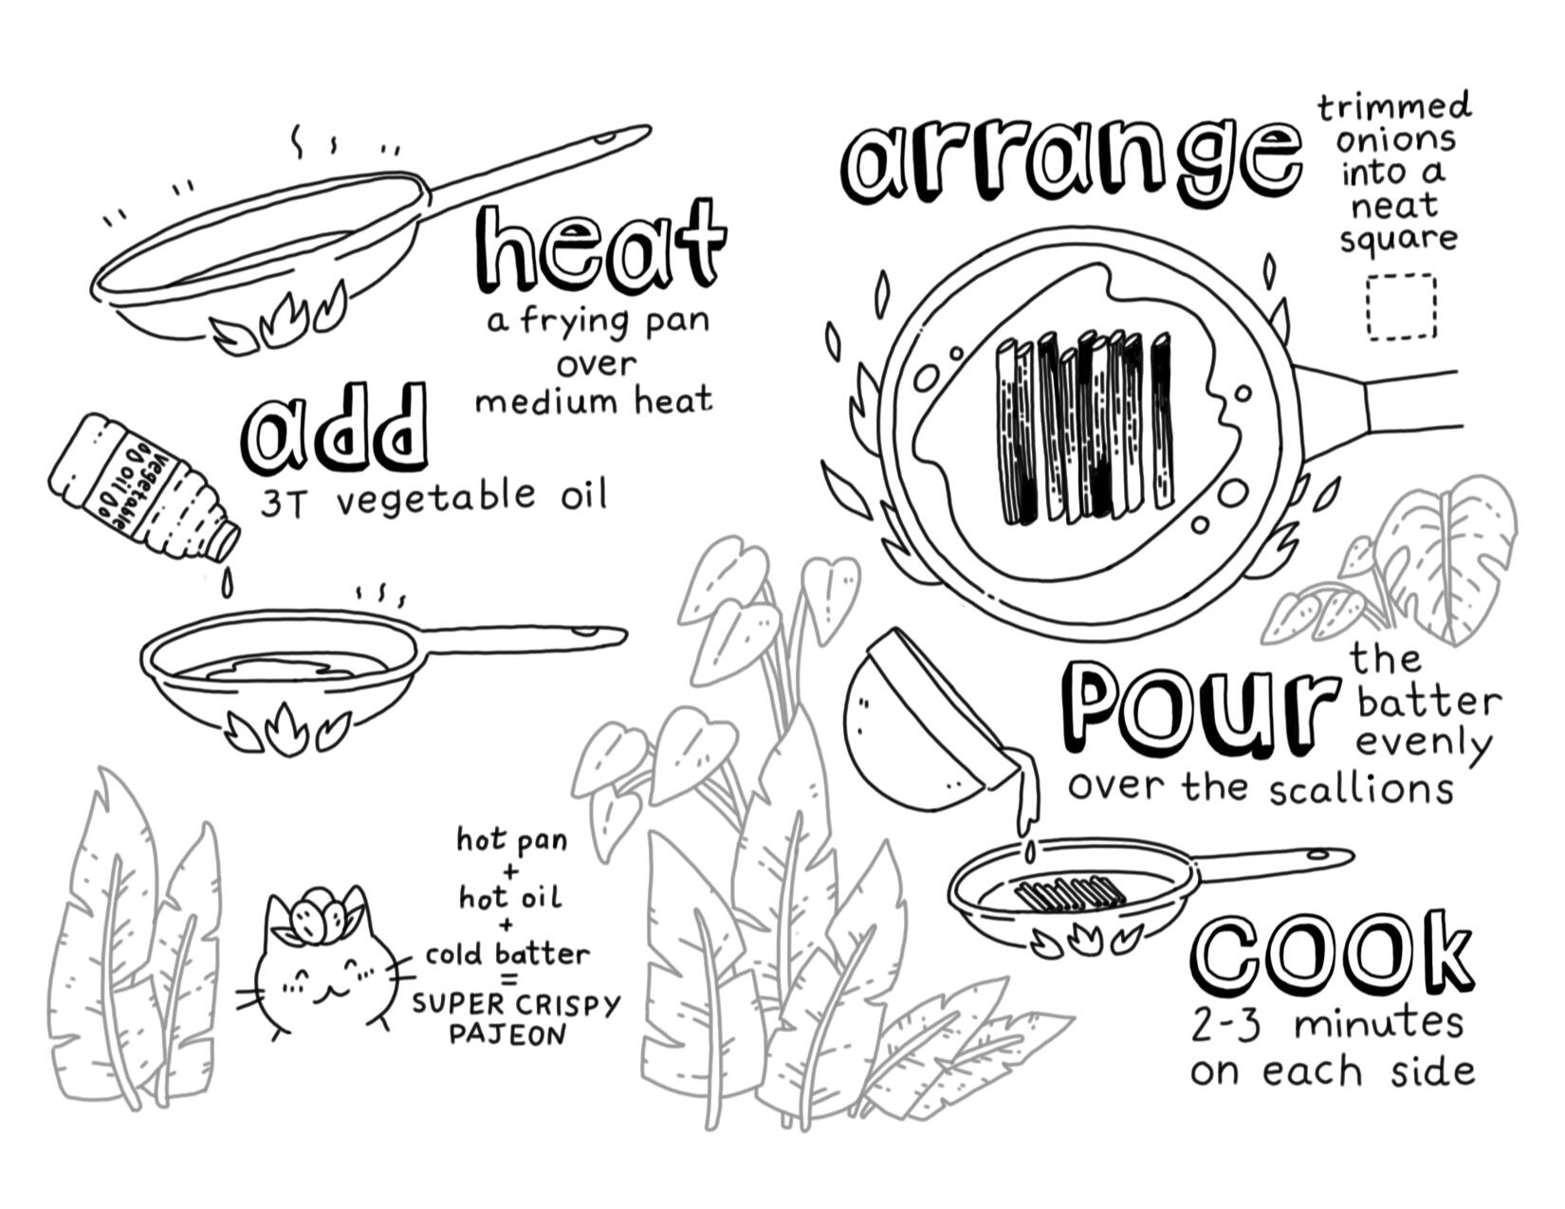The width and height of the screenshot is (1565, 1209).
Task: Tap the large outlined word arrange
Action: tap(1071, 162)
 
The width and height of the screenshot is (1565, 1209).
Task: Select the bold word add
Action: tap(334, 430)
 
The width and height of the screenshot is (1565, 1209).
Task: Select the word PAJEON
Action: tap(507, 1035)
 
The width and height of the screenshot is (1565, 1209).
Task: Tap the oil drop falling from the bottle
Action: tap(227, 585)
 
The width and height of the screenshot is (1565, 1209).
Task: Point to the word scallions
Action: tap(1360, 789)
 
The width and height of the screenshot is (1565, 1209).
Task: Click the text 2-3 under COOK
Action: tap(1225, 1025)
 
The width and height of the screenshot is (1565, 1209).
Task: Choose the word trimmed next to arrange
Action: tap(1395, 109)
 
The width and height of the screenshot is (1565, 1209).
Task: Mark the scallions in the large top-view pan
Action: tap(1085, 427)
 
